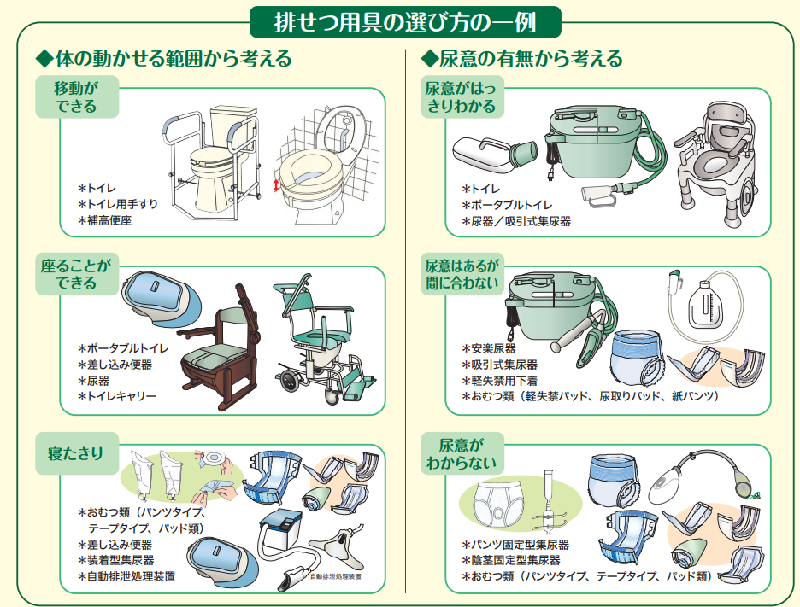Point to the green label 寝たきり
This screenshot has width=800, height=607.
[x=75, y=453]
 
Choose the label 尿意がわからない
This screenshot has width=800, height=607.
[x=462, y=453]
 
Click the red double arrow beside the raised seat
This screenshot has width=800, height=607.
[x=276, y=185]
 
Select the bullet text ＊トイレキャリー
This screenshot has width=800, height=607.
[x=116, y=397]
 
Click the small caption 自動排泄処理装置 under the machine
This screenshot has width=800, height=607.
[x=335, y=577]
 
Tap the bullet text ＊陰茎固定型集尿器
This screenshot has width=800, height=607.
[x=510, y=560]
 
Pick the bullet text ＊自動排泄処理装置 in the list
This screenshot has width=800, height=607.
[x=126, y=576]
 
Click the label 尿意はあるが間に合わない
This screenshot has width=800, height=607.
[x=462, y=274]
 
